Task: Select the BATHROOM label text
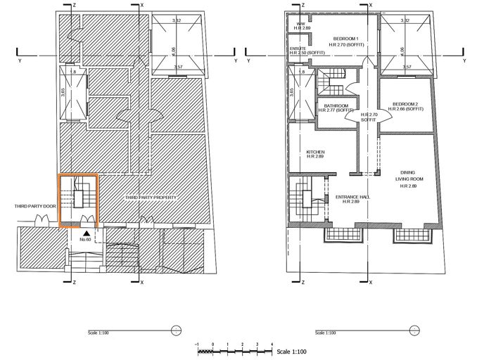tap(334, 105)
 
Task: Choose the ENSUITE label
tap(298, 49)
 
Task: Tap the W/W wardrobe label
tap(300, 23)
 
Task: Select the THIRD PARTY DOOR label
tap(36, 207)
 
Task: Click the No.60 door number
tap(86, 239)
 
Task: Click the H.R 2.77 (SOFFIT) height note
tap(334, 110)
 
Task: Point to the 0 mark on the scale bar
tap(211, 344)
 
